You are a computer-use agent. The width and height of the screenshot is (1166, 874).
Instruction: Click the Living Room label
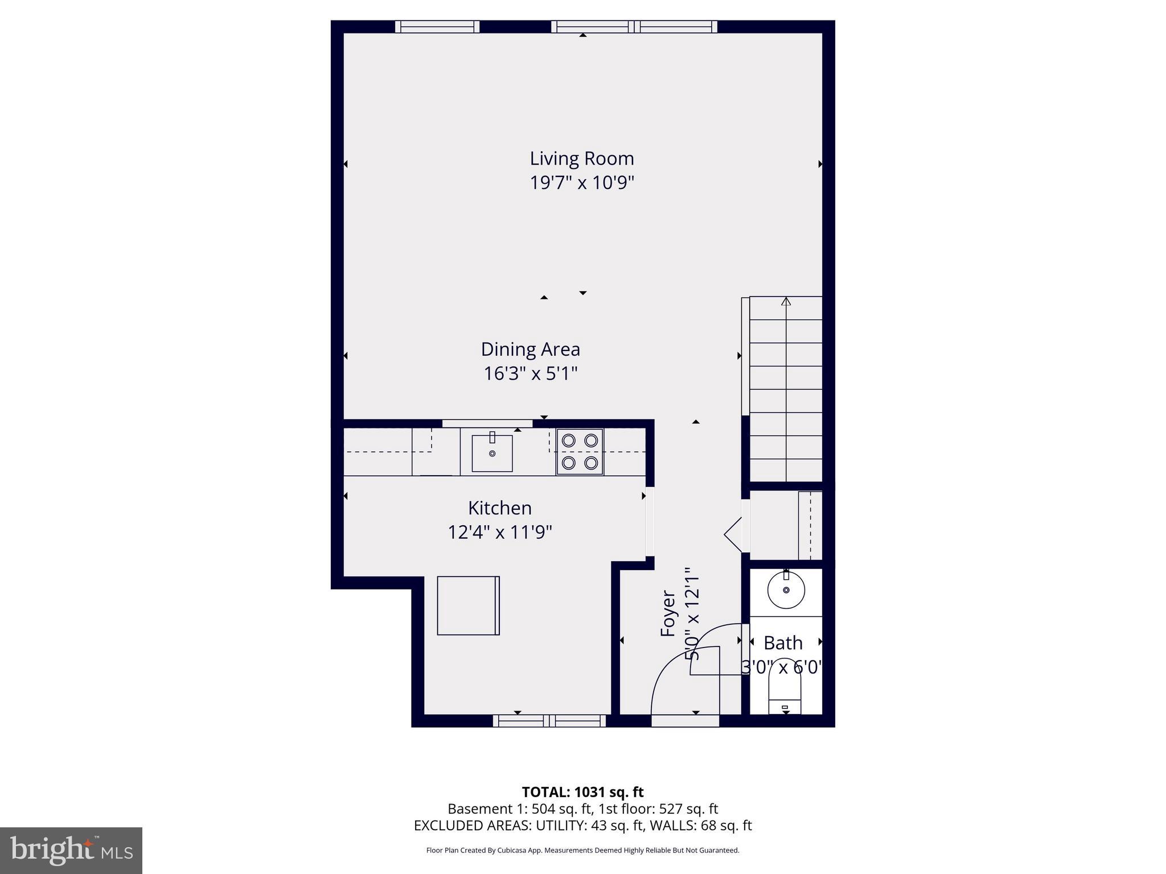coord(581,158)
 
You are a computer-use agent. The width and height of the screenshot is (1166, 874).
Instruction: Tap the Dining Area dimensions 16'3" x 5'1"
coord(530,374)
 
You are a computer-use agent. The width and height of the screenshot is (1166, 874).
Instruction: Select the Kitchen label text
coord(499,508)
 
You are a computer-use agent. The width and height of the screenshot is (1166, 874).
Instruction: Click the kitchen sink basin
coord(492,454)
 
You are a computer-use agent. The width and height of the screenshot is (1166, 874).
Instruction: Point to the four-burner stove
coord(580,452)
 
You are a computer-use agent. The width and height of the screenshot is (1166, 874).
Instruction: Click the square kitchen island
coord(468,605)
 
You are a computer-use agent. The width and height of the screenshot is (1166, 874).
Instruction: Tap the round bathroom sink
coord(786,591)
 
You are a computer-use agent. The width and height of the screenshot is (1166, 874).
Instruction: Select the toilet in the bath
coord(785,694)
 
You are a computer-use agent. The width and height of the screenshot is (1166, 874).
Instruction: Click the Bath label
coord(783,643)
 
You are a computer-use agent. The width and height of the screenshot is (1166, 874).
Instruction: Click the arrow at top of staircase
coord(786,301)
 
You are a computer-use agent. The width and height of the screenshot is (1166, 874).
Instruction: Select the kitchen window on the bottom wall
coord(549,721)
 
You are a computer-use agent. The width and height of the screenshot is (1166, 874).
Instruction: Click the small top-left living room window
coord(437,27)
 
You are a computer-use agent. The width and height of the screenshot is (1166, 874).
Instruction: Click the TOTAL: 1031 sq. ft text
coord(582,792)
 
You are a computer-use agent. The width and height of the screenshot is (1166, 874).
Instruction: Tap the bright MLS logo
coord(71,850)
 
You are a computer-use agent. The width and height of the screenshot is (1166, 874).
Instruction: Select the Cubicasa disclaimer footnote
coord(582,851)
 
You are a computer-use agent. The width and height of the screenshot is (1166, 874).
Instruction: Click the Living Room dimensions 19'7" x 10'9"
coord(581,183)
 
